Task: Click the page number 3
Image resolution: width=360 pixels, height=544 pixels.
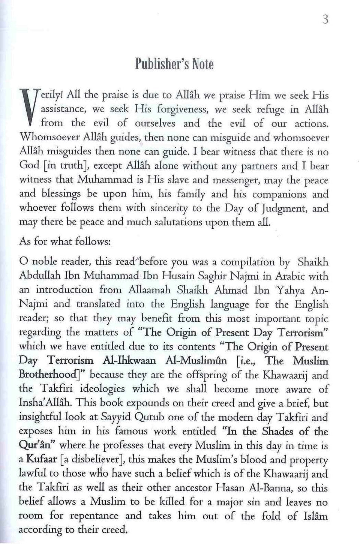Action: click(x=325, y=19)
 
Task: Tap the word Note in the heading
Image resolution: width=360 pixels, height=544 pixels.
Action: click(x=203, y=64)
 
